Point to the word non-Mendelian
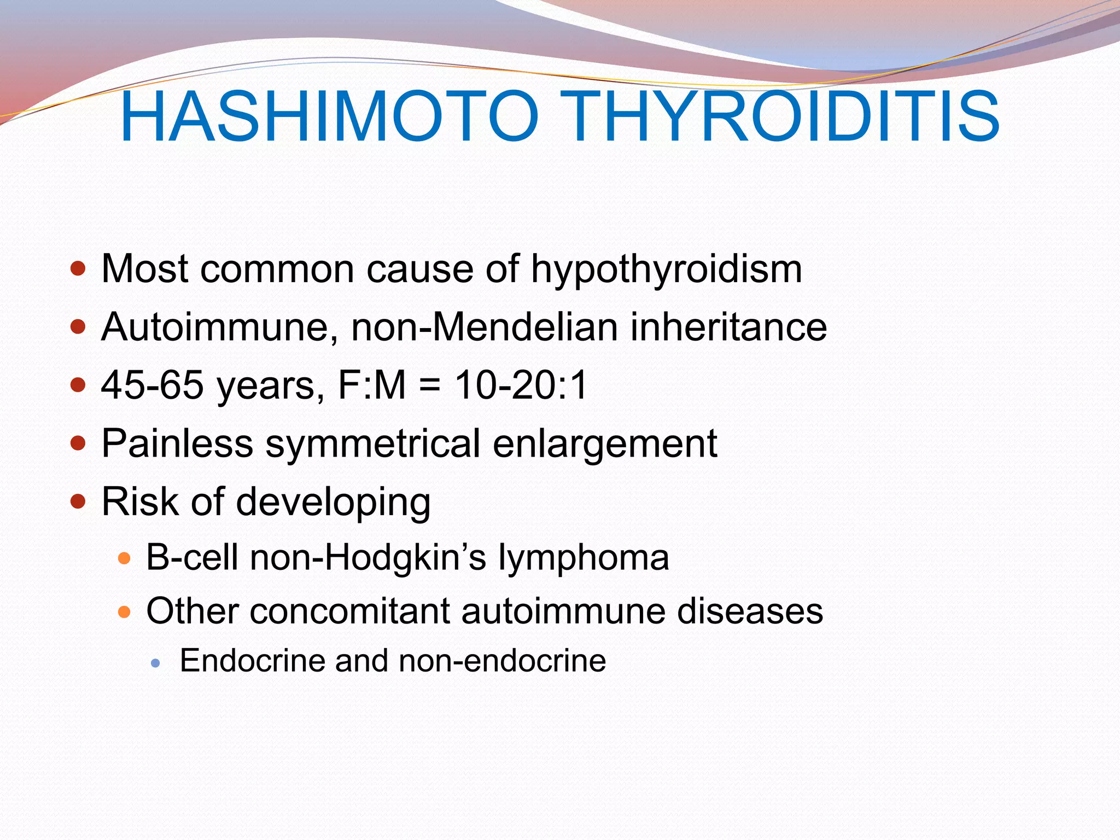tap(484, 328)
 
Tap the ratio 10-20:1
tap(521, 385)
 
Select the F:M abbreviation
tap(372, 385)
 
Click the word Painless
tap(177, 444)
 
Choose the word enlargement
tap(605, 444)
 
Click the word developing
tap(333, 502)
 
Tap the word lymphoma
tap(583, 558)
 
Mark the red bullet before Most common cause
tap(78, 269)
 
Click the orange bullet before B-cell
tap(124, 558)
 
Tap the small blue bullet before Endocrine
tap(156, 663)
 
